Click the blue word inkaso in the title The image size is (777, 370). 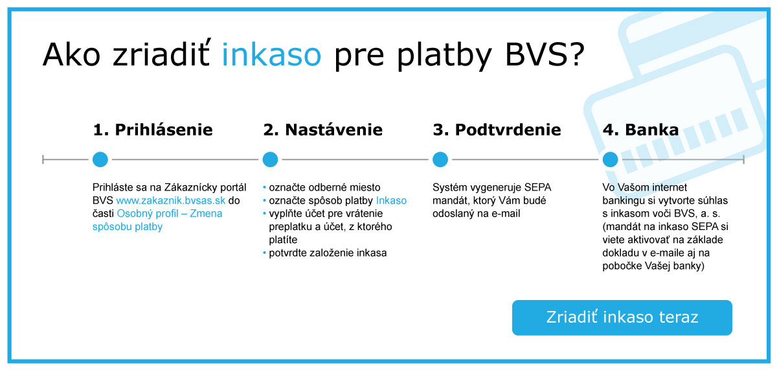(x=271, y=55)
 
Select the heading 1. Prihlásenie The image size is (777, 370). (x=153, y=130)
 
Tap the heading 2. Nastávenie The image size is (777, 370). (x=322, y=130)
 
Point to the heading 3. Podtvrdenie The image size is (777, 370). (x=497, y=130)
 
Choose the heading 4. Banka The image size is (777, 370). (x=640, y=130)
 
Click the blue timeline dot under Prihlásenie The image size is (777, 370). (x=100, y=159)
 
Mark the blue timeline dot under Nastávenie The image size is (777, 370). (x=270, y=159)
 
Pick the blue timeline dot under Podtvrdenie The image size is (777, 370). (x=440, y=159)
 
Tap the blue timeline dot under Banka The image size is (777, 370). (x=610, y=159)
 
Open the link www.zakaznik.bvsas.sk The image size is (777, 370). (x=171, y=201)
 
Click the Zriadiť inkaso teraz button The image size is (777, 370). (x=622, y=318)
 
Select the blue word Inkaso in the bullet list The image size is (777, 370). (x=391, y=201)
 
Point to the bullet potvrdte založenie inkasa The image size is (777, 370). (x=328, y=253)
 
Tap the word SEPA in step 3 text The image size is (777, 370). (x=539, y=188)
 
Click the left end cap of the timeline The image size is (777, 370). (x=43, y=159)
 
